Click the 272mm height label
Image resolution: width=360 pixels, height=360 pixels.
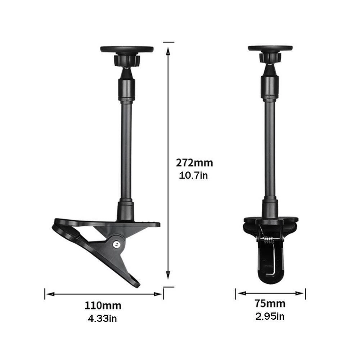click(194, 163)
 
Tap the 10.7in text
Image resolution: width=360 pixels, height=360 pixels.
click(193, 176)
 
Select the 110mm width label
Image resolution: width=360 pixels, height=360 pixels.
click(103, 306)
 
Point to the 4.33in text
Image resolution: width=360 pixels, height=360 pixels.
click(102, 319)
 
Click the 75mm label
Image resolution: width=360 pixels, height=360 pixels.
click(270, 303)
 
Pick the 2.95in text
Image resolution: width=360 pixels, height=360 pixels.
click(270, 316)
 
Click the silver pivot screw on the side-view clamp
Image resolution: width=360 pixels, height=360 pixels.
click(117, 244)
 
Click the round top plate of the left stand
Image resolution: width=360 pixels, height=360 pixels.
click(127, 49)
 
